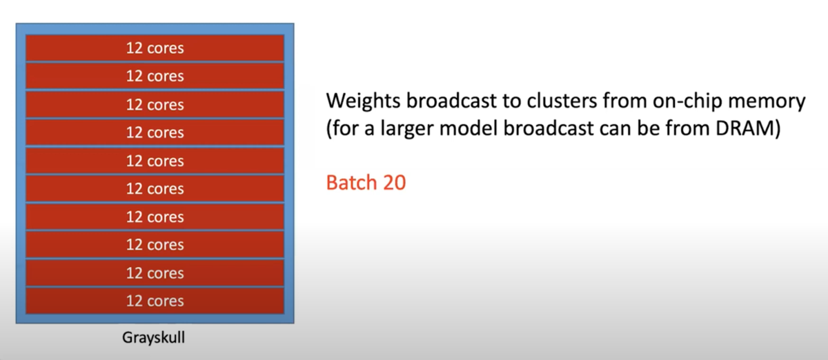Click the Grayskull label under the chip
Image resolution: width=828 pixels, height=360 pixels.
[155, 339]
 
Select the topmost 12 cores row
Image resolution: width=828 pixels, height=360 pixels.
[155, 49]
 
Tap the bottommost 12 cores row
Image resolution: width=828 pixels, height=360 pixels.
[155, 301]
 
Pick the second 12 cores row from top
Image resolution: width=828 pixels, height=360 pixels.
[155, 77]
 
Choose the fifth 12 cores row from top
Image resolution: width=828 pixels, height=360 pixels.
[155, 161]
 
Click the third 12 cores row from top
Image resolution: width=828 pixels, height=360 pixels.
[155, 105]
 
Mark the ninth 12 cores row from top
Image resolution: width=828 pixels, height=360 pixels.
[155, 273]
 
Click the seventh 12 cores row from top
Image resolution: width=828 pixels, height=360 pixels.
[155, 217]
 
